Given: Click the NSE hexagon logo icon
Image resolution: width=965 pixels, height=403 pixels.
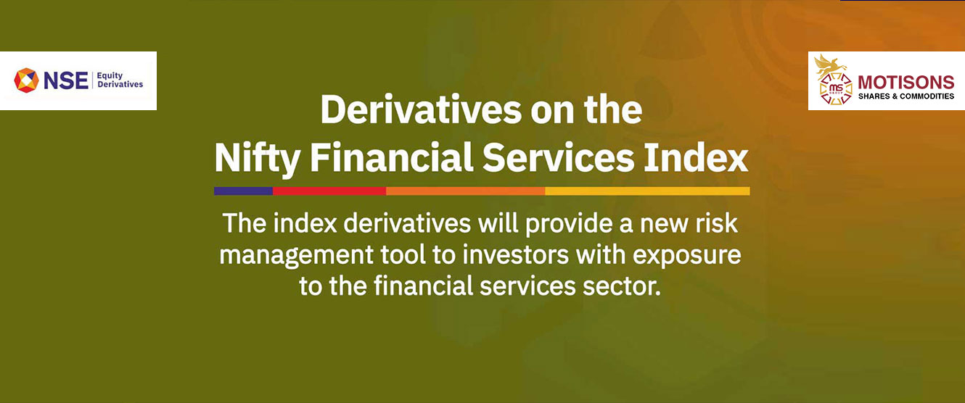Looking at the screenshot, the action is (x=26, y=80).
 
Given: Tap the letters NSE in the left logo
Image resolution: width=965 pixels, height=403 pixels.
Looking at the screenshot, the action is (x=66, y=81).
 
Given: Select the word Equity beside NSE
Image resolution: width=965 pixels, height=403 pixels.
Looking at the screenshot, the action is (x=110, y=76).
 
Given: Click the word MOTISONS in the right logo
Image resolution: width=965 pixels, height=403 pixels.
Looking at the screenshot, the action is (x=906, y=82).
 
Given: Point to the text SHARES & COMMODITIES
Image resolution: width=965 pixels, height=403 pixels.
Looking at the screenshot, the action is (x=906, y=96).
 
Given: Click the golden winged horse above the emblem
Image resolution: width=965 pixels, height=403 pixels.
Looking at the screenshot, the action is (x=830, y=64).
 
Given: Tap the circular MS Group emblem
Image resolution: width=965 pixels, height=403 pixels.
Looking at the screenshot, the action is (x=836, y=89).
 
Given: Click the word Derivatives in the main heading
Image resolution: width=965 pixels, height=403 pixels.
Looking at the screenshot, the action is (x=421, y=110).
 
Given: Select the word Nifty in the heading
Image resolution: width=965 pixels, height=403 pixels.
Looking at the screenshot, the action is (x=257, y=158).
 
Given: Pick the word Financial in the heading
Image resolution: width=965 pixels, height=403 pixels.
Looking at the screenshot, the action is (x=391, y=157).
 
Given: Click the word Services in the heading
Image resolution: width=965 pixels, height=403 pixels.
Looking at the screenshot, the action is (x=558, y=157).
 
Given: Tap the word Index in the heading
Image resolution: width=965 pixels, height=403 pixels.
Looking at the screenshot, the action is (x=696, y=157).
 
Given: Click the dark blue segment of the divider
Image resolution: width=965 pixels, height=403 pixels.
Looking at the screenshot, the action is (x=243, y=191).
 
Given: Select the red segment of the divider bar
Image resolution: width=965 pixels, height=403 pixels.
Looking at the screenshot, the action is (x=329, y=191).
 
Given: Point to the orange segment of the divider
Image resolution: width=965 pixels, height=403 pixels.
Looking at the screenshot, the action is (x=466, y=191).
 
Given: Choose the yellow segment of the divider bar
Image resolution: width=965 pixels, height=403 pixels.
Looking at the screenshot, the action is (x=647, y=191).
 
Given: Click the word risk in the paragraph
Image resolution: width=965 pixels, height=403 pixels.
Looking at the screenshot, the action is (x=716, y=224).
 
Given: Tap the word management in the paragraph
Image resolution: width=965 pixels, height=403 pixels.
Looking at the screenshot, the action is (x=296, y=256).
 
